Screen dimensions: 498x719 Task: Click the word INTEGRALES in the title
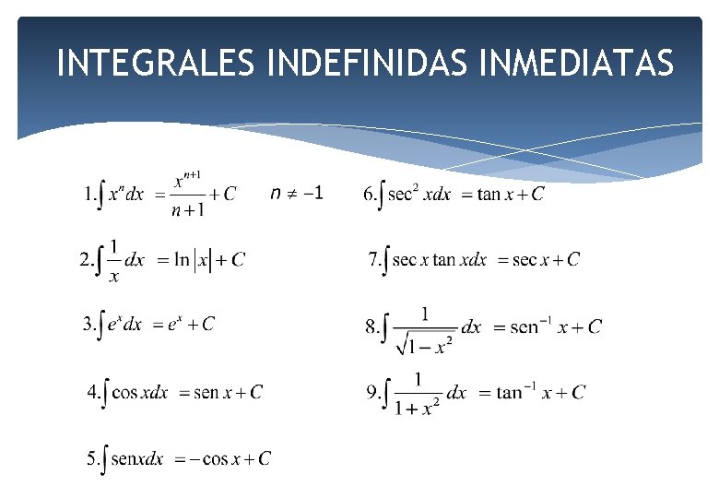[158, 64]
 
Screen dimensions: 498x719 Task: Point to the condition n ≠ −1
[297, 193]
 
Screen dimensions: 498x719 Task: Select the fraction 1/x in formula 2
[114, 260]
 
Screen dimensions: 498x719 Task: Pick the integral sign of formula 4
[107, 393]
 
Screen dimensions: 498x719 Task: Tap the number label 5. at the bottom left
[94, 458]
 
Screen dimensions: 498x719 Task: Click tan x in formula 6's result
[502, 195]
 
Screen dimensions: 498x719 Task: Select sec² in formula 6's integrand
[404, 193]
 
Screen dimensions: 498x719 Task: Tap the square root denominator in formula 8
[426, 344]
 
